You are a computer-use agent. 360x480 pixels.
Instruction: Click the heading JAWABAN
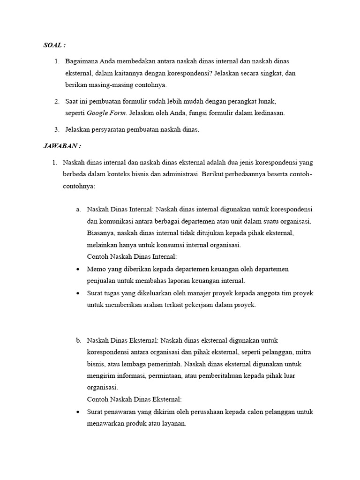click(x=60, y=146)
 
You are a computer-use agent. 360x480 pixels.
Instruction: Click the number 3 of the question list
click(x=56, y=130)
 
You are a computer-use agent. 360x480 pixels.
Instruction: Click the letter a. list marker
click(x=78, y=209)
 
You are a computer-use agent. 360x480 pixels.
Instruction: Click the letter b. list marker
click(x=78, y=340)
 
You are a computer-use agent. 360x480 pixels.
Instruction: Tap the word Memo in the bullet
click(x=96, y=269)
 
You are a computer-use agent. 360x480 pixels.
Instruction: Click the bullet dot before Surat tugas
click(x=77, y=293)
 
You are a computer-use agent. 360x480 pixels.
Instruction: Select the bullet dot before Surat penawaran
click(x=77, y=412)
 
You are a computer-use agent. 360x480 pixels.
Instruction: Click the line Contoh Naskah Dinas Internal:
click(x=132, y=257)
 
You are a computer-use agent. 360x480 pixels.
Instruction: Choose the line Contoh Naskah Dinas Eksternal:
click(x=134, y=400)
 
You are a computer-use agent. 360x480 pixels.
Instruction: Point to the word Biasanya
click(x=100, y=233)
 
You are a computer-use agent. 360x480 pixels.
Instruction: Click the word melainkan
click(x=102, y=245)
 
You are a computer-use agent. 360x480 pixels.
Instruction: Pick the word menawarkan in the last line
click(x=105, y=424)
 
